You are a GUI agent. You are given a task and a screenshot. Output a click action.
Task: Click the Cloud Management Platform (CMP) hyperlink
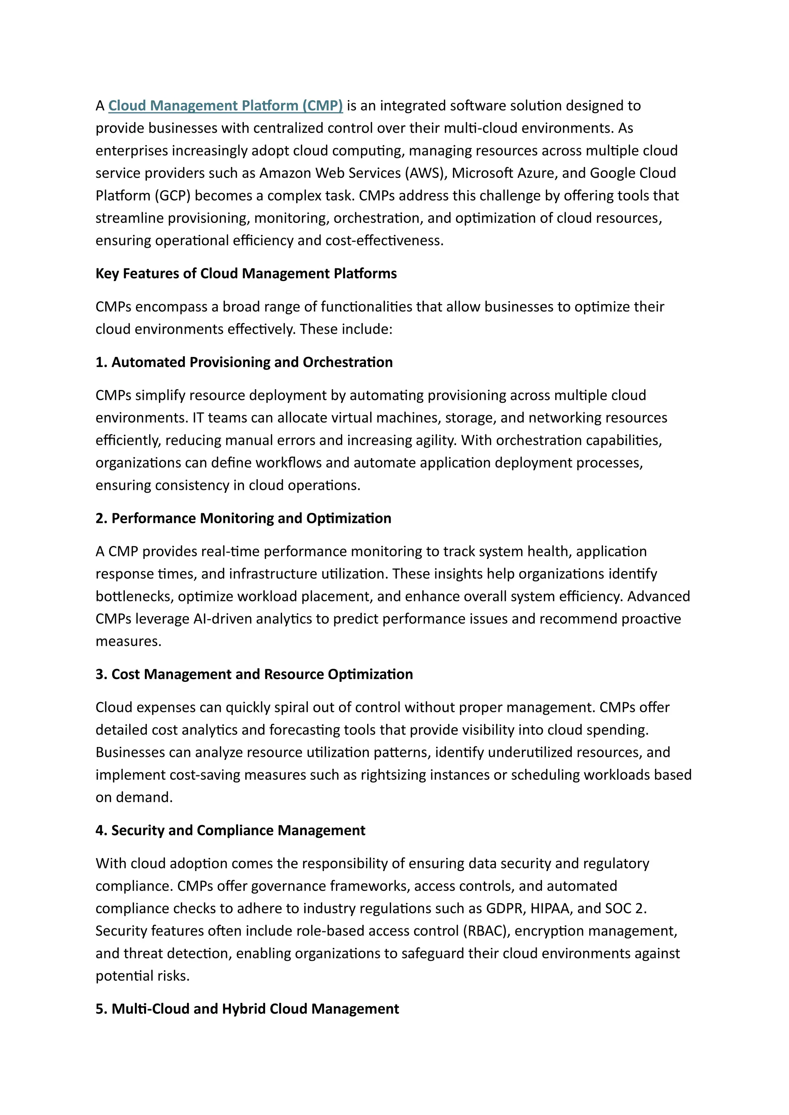pos(225,105)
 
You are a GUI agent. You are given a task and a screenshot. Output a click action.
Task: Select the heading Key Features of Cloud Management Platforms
pos(246,273)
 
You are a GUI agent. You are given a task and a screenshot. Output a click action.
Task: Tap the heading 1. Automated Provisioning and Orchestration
pos(244,362)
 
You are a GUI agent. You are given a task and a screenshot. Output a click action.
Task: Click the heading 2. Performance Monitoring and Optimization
pos(243,518)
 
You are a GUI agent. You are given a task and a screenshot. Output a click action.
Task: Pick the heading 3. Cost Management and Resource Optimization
pos(254,674)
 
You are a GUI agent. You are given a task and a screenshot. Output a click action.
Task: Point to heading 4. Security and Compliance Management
pos(230,830)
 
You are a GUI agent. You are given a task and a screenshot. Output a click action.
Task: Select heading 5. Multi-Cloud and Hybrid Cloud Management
pos(247,1009)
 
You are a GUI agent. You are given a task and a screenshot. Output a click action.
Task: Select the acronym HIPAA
pos(551,908)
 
